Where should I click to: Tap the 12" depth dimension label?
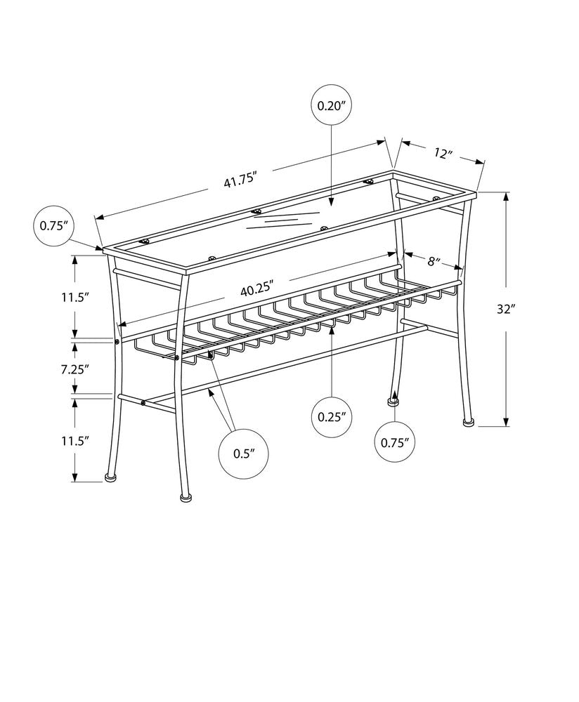pyautogui.click(x=442, y=154)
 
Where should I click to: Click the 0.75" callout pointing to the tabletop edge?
pyautogui.click(x=53, y=225)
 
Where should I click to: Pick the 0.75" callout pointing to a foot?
pyautogui.click(x=394, y=442)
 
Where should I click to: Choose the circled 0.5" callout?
pyautogui.click(x=242, y=453)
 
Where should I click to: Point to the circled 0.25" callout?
pyautogui.click(x=332, y=416)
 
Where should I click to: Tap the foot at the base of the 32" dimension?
pyautogui.click(x=467, y=423)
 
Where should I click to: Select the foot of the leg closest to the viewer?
pyautogui.click(x=186, y=498)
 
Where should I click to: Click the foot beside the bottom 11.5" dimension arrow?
pyautogui.click(x=110, y=477)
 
